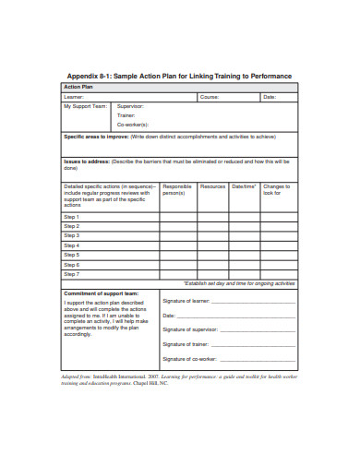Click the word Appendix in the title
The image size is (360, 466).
[85, 76]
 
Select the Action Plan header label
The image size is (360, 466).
[77, 87]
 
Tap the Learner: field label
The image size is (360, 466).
[73, 96]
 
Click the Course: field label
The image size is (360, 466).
[210, 96]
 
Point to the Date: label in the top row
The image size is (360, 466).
[270, 96]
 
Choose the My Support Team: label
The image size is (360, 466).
[85, 106]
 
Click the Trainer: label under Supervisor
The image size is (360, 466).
[126, 114]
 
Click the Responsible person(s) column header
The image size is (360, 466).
[177, 189]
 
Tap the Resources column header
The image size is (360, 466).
[212, 185]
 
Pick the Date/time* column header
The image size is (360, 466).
[245, 185]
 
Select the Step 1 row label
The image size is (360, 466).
[71, 217]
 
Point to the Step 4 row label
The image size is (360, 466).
[71, 245]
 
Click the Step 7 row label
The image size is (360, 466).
[71, 274]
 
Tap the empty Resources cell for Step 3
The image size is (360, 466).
[212, 236]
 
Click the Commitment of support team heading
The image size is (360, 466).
[100, 293]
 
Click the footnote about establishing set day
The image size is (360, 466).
[239, 283]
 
